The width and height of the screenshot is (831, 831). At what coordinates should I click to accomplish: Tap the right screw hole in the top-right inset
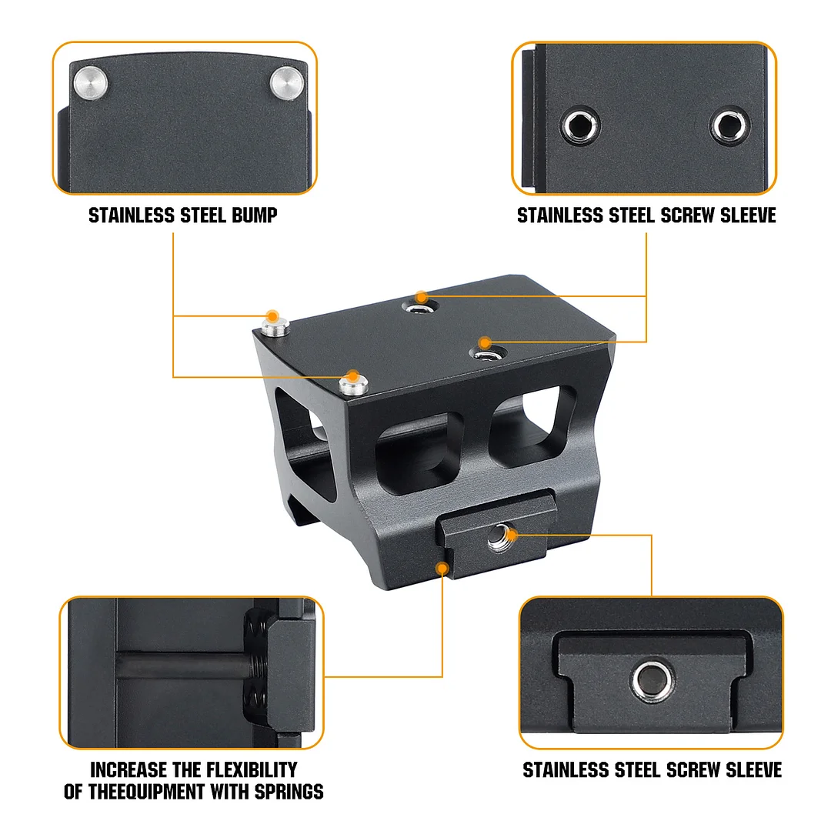[x=729, y=124]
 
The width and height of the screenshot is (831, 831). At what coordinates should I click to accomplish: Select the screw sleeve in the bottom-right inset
[x=650, y=678]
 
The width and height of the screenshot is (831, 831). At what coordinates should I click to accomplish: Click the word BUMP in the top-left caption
[x=254, y=215]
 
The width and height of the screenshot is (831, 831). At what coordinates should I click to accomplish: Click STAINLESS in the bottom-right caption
[x=562, y=769]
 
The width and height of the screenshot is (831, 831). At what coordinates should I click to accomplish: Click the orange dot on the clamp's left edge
[x=442, y=568]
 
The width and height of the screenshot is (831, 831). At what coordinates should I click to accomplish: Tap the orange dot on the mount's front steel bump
[x=352, y=376]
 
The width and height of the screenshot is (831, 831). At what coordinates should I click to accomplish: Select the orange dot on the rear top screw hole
[x=420, y=296]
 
